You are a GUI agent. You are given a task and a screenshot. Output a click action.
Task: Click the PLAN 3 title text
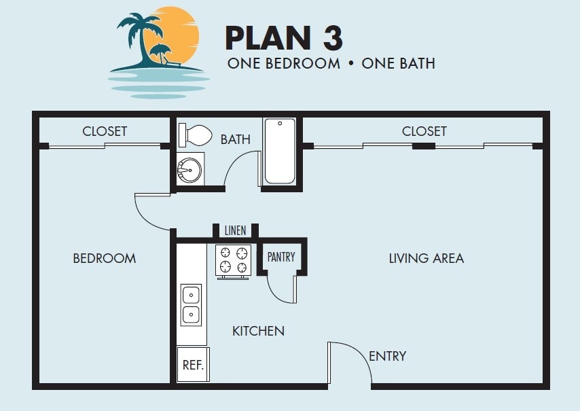point(283,38)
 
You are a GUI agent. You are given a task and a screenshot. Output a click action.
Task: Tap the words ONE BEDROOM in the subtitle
point(283,64)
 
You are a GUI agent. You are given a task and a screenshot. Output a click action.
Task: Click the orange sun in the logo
point(178,34)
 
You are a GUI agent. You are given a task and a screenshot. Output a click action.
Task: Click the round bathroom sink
point(189,168)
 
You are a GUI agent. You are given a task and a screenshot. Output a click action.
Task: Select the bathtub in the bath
point(280,151)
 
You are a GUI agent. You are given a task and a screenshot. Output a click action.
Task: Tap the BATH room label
point(235,140)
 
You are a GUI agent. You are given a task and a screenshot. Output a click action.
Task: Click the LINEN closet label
point(235,231)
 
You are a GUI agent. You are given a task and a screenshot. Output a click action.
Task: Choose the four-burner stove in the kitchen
point(233,260)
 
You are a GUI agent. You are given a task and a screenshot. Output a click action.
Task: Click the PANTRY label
point(281,257)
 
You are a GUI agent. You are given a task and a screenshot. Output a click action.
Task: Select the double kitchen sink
point(191,305)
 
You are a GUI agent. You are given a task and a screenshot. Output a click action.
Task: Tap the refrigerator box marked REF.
point(192,365)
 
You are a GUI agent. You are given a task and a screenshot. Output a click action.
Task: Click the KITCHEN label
point(258,332)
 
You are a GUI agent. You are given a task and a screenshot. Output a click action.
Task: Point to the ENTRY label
point(387,356)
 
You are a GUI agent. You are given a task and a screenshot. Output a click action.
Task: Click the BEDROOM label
point(105,258)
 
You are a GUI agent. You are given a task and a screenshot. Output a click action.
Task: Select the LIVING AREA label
point(426,258)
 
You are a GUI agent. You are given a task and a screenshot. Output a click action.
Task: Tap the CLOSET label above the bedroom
point(105,131)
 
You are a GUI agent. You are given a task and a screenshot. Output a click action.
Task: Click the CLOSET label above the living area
point(424,131)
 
